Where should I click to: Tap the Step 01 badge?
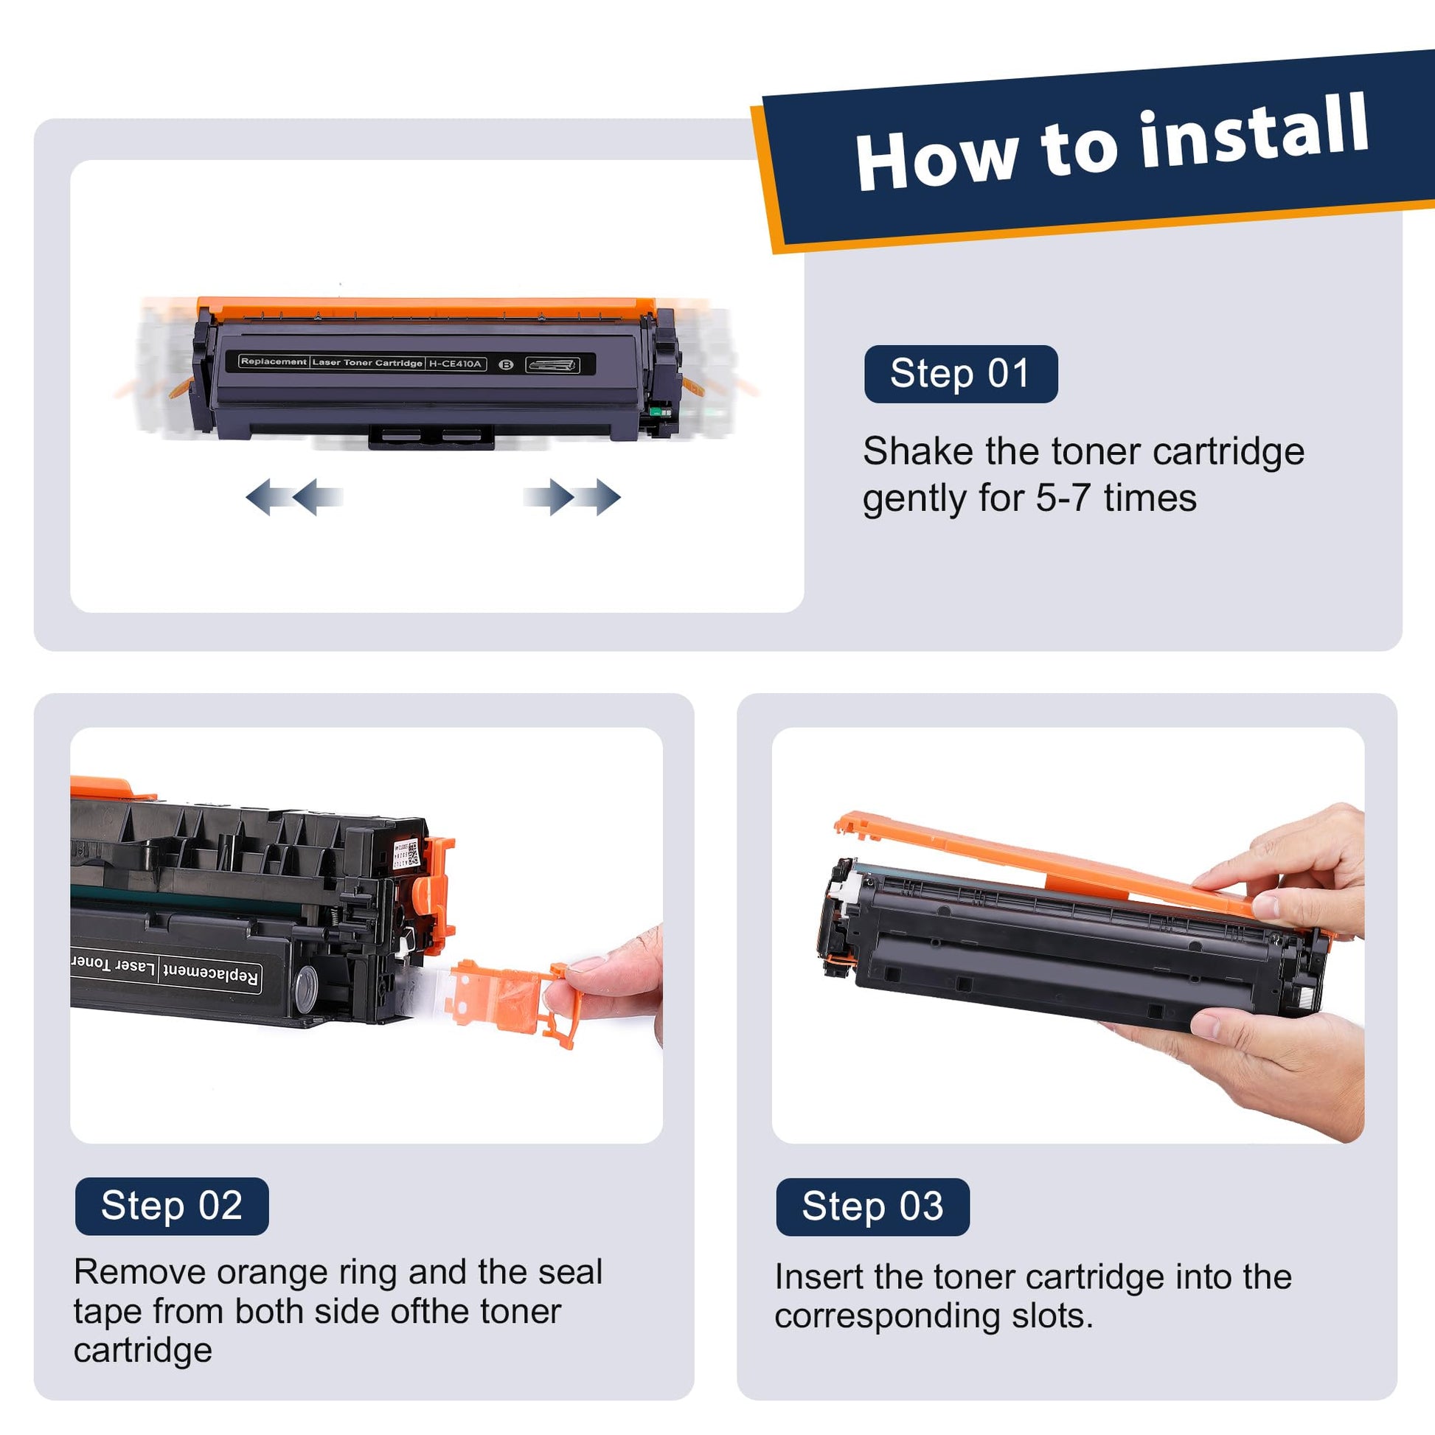point(960,374)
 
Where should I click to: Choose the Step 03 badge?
point(873,1206)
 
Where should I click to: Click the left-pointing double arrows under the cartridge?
point(294,496)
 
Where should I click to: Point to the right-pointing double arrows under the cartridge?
point(572,496)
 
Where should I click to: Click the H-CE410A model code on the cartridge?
point(456,364)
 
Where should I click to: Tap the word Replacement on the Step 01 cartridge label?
point(274,362)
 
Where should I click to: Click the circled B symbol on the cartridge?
point(506,364)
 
